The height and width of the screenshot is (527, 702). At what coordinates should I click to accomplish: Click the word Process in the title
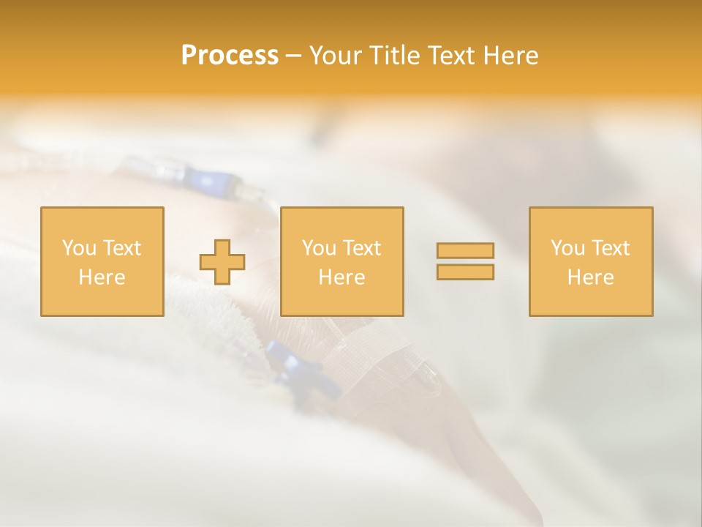230,56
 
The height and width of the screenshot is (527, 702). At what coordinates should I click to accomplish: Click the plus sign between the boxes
223,262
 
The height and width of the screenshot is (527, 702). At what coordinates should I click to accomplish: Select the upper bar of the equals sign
465,250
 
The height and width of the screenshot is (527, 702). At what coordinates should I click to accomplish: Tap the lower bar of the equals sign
465,272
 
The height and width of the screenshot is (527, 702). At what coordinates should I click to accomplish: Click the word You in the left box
79,248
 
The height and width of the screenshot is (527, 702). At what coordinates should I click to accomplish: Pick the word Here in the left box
102,277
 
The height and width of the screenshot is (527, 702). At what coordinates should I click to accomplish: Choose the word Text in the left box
121,248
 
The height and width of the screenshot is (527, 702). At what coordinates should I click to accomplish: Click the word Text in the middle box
361,248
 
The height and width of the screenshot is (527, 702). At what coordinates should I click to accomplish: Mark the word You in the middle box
319,248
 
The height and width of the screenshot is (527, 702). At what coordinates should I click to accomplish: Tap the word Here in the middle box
341,277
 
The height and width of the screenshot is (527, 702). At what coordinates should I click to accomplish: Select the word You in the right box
567,248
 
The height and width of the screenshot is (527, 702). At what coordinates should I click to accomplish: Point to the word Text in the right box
609,248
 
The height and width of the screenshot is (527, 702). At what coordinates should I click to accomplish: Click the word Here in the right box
590,277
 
